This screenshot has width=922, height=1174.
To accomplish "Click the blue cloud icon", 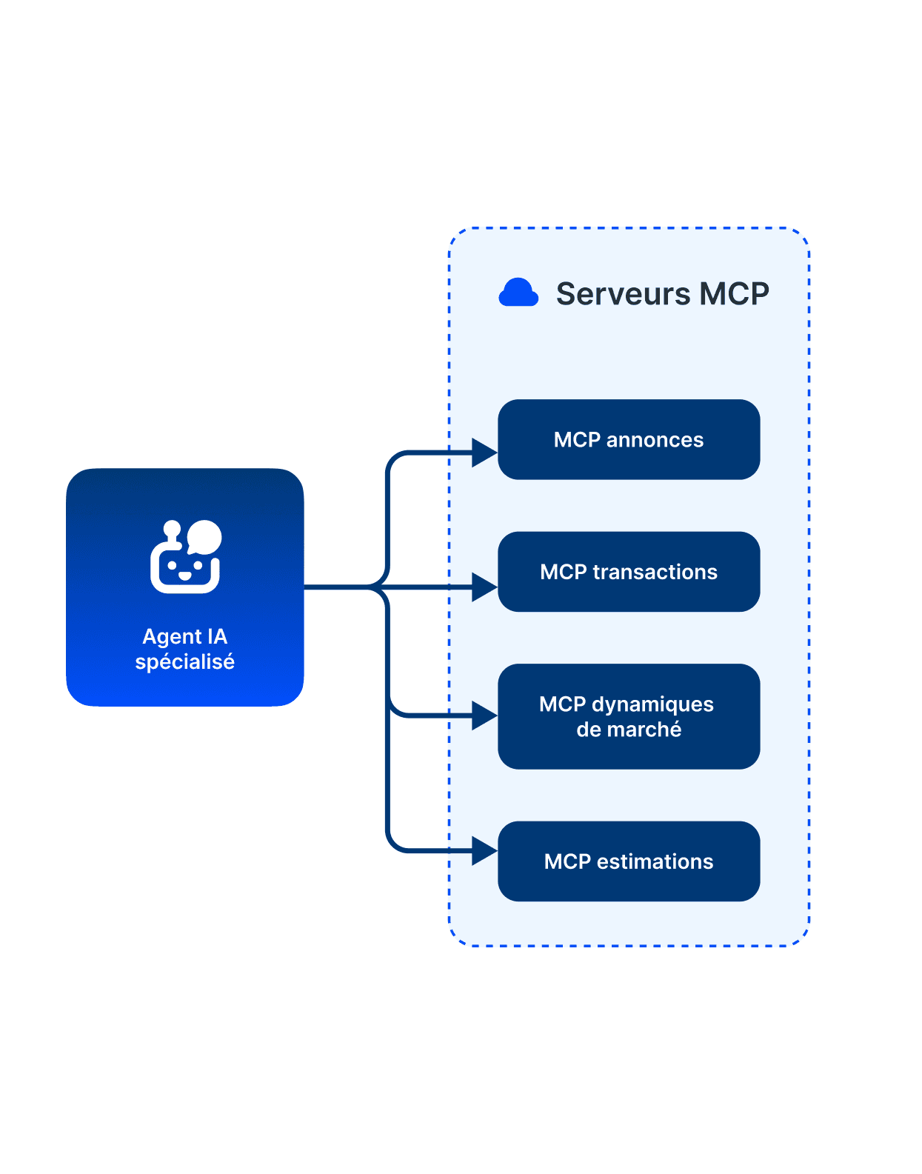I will (x=518, y=293).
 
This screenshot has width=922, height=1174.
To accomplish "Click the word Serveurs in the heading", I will (x=623, y=294).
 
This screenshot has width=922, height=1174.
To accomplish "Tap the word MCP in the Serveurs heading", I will (x=734, y=294).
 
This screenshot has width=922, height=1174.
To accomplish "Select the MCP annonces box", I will (x=629, y=439).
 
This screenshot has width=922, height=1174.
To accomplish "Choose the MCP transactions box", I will (x=629, y=571).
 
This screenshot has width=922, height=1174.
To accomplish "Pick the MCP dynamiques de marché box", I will (x=629, y=716).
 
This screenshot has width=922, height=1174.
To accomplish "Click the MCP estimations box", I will (x=629, y=861).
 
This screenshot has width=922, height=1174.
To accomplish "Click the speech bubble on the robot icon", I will (x=204, y=536).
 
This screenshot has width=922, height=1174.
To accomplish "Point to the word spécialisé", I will (x=184, y=661).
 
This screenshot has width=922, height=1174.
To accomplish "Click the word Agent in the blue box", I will (x=173, y=637).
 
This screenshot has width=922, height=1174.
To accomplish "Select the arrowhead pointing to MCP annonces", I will (x=484, y=453).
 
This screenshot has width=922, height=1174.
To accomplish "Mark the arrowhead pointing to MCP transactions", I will (x=484, y=587).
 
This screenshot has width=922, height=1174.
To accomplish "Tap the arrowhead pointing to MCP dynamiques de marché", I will (x=484, y=716).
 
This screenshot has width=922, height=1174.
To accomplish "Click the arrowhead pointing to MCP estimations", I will (x=484, y=851).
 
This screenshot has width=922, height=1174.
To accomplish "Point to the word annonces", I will (x=655, y=440).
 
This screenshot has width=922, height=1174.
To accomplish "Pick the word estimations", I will (x=655, y=861).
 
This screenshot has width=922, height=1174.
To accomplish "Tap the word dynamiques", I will (x=652, y=704).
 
